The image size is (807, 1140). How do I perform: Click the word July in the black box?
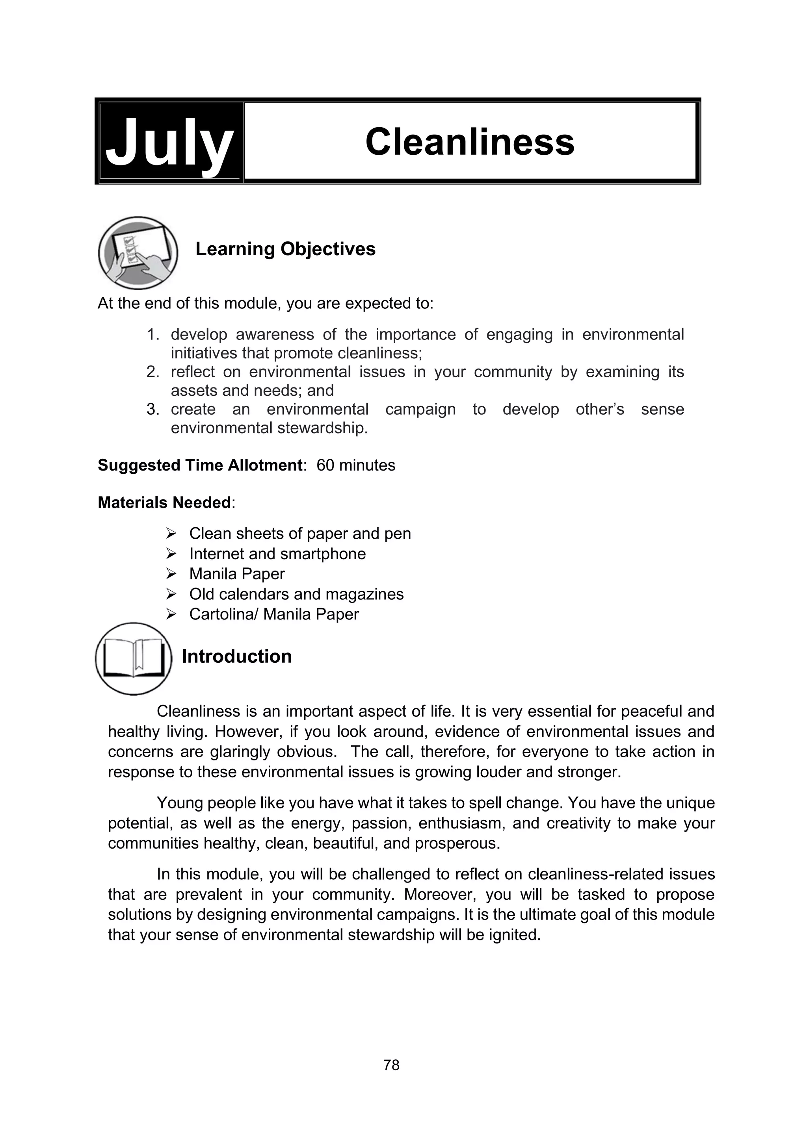[169, 143]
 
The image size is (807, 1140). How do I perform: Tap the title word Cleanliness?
[470, 142]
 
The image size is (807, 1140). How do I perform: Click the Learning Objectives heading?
[285, 249]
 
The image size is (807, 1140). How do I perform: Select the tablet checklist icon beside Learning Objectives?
[138, 253]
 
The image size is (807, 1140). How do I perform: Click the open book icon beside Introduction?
[133, 658]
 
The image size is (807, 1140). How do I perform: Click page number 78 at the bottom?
[392, 1064]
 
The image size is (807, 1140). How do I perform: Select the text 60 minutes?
[356, 465]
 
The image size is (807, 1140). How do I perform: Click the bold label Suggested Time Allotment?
[200, 465]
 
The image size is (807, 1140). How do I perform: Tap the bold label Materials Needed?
[164, 502]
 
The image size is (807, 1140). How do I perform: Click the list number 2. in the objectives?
[152, 372]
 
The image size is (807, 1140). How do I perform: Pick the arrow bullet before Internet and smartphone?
[171, 554]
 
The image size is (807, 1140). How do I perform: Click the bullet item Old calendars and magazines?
[296, 594]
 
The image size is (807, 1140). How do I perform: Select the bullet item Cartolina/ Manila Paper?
[274, 614]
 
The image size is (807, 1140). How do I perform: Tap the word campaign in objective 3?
[420, 409]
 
